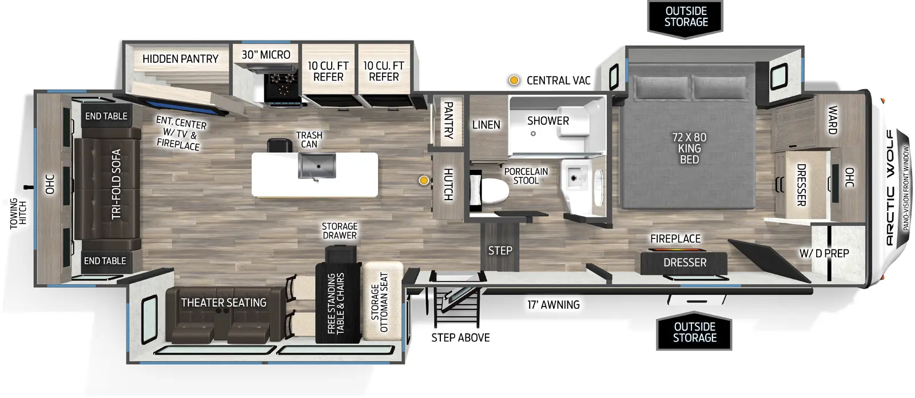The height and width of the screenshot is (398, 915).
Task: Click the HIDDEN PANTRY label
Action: click(x=180, y=59)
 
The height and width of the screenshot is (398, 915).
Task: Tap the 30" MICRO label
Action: click(x=266, y=55)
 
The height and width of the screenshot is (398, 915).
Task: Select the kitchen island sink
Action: click(x=316, y=166)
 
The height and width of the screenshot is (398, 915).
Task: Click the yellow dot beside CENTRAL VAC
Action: click(x=514, y=81)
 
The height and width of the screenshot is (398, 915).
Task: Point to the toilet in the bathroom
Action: click(x=492, y=190)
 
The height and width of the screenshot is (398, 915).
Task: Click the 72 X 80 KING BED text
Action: click(x=689, y=148)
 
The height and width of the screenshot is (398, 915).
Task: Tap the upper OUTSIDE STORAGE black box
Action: click(x=686, y=17)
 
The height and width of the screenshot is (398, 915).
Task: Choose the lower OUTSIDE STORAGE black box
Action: click(x=694, y=332)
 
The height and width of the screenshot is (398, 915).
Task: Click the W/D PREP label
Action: click(x=824, y=253)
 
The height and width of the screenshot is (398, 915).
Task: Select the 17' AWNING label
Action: click(x=553, y=305)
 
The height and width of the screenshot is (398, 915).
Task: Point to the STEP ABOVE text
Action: click(x=460, y=338)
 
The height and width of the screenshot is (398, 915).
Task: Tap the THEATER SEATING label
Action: click(x=224, y=303)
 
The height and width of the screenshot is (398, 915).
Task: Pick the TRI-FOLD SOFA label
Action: click(x=116, y=184)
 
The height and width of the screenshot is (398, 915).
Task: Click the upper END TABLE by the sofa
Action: click(x=106, y=116)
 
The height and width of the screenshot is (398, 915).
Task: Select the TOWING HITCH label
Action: click(x=18, y=213)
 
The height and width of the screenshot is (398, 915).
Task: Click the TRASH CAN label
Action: click(x=309, y=140)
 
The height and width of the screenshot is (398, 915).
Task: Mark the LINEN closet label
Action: click(x=486, y=125)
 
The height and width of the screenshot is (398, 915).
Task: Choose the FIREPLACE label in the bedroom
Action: click(x=675, y=239)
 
